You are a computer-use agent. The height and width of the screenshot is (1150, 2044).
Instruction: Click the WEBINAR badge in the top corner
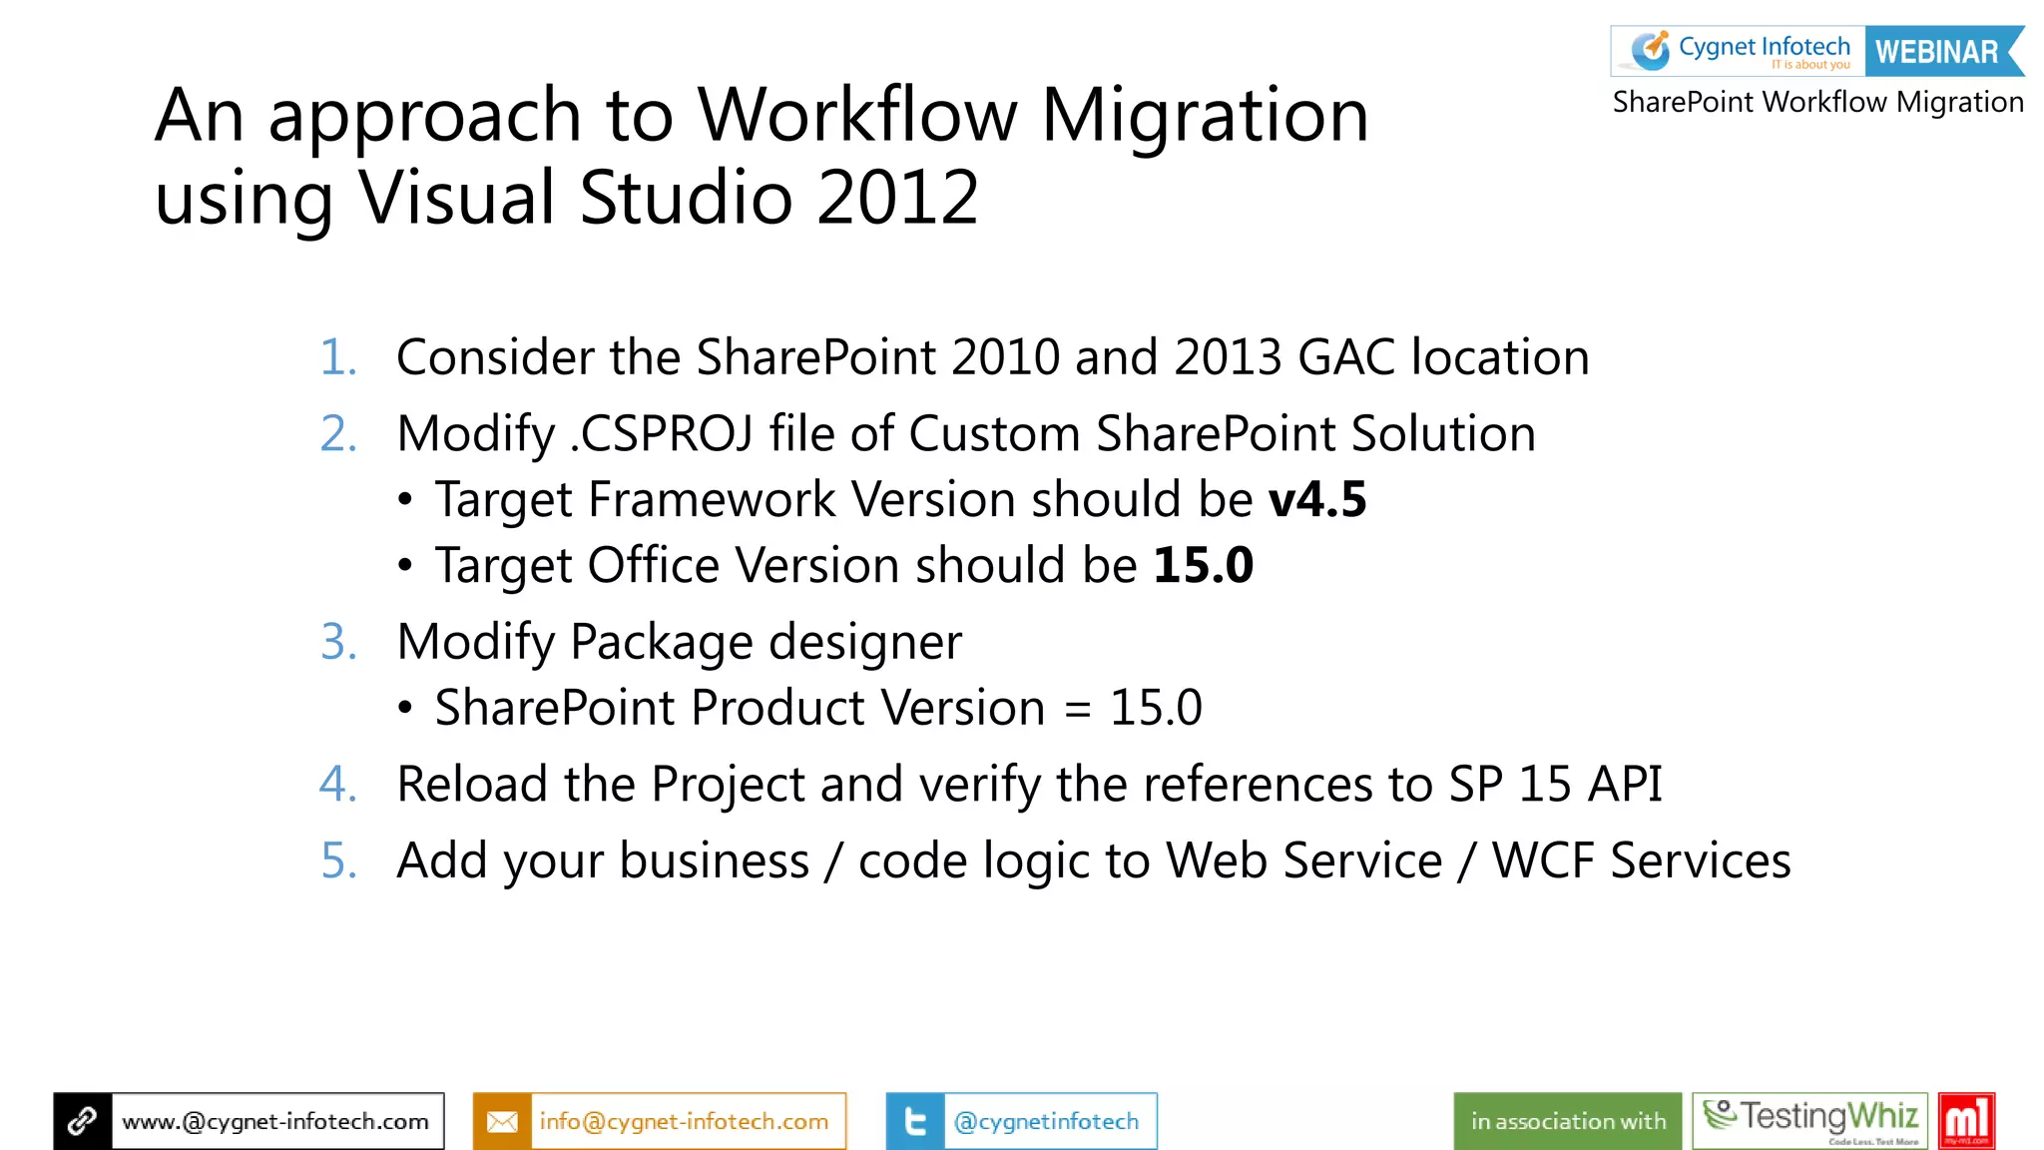1937,51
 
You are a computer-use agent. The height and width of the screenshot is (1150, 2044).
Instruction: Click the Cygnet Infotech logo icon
1650,50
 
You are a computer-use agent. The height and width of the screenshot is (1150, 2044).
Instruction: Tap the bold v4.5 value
1317,499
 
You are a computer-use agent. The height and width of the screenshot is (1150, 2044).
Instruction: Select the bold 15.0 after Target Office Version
1203,565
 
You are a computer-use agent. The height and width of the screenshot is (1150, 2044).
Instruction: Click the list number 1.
338,357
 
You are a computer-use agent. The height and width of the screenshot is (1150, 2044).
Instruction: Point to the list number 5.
338,861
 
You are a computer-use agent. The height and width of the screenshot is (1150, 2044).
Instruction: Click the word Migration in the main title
1205,115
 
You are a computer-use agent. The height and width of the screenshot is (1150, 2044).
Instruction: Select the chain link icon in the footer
83,1121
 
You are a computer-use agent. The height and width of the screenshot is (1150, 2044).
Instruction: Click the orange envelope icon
502,1121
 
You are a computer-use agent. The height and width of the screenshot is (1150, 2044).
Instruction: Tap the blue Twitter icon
914,1121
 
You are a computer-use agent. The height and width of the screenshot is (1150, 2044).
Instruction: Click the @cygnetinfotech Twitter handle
1046,1121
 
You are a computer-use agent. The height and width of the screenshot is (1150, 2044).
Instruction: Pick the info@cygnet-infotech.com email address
684,1121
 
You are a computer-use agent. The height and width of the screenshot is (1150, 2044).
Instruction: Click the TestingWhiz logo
1809,1120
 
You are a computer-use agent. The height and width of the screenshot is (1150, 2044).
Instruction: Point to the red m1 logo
1966,1120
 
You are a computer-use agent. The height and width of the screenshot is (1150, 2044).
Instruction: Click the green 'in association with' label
1568,1121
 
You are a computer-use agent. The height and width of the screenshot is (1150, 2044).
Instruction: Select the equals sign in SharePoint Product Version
1077,709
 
